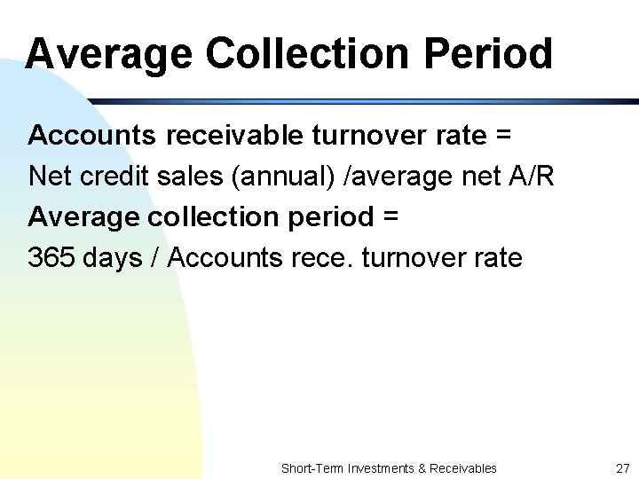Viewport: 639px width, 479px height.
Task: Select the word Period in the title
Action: click(488, 53)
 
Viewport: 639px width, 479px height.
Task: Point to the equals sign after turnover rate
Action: click(503, 136)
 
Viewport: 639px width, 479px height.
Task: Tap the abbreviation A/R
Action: click(531, 177)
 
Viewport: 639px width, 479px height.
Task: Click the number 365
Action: click(51, 258)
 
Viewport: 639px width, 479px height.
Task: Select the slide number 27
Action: click(621, 467)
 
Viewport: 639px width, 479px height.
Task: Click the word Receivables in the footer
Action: click(463, 467)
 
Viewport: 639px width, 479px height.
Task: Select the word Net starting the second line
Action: click(51, 177)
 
